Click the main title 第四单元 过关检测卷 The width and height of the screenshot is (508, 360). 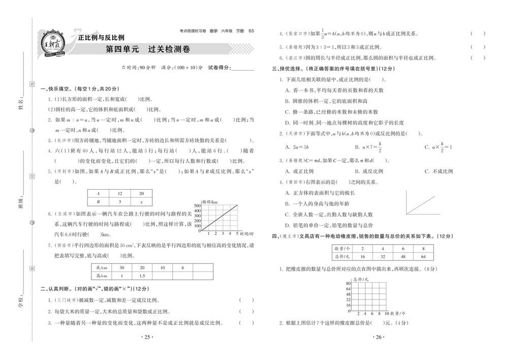pos(147,50)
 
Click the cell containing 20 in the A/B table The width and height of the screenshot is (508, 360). pos(141,193)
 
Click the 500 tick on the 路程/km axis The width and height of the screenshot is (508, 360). pos(198,205)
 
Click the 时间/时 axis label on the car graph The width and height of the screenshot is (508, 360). pos(247,234)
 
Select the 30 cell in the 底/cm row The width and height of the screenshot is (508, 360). pos(121,267)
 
